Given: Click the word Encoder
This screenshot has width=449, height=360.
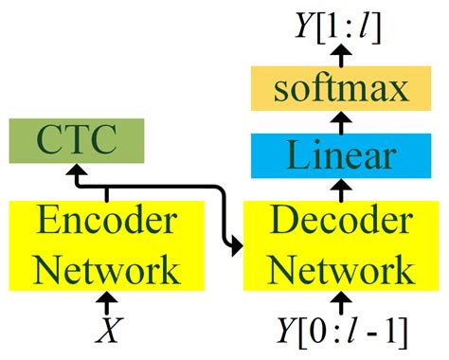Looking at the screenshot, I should [x=104, y=224].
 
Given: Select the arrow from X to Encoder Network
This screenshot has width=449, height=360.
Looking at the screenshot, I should [x=109, y=305].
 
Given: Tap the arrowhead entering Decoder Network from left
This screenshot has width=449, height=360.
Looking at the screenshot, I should [x=236, y=249].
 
